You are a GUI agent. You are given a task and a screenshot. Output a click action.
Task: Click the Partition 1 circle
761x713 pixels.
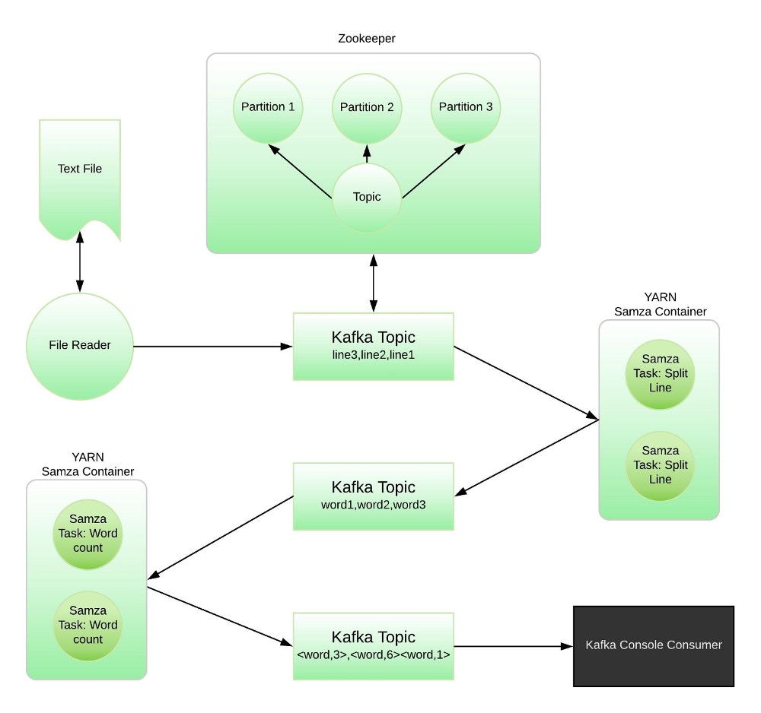[268, 107]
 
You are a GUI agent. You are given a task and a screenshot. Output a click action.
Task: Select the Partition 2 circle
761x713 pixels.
[367, 107]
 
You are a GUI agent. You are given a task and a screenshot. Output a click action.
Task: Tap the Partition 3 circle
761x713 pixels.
[466, 107]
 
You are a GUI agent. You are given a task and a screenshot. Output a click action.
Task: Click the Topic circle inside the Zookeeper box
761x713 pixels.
[367, 197]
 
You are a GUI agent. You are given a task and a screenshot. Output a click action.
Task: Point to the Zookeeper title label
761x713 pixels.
[367, 39]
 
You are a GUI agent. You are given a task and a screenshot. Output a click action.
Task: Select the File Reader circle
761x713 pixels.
[80, 346]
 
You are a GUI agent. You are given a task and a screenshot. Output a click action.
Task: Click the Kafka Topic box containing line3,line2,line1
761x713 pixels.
[374, 346]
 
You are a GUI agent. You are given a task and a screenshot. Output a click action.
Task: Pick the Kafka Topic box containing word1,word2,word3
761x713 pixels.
[374, 496]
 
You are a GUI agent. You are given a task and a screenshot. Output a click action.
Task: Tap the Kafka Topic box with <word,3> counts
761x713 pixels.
[374, 646]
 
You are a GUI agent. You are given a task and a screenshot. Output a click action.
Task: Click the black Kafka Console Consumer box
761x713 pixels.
[653, 645]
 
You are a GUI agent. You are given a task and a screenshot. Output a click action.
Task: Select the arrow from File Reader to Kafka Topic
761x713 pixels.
[213, 347]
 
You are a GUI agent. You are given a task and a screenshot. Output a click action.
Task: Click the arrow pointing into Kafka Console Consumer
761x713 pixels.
[513, 647]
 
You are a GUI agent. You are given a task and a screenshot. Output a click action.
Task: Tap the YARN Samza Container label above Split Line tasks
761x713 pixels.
[660, 304]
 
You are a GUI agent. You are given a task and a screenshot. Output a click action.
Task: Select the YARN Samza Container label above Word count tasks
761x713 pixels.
[86, 465]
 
